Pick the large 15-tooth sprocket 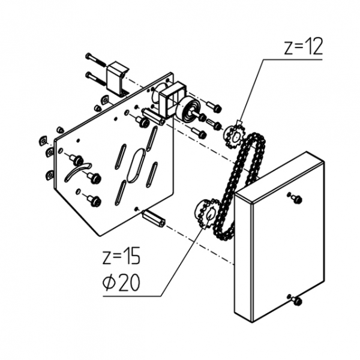pyautogui.click(x=205, y=214)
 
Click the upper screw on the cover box pyautogui.click(x=295, y=199)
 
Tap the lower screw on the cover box pyautogui.click(x=295, y=300)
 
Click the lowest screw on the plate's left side pyautogui.click(x=92, y=200)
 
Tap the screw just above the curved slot pyautogui.click(x=75, y=158)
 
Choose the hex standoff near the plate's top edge pyautogui.click(x=152, y=116)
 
